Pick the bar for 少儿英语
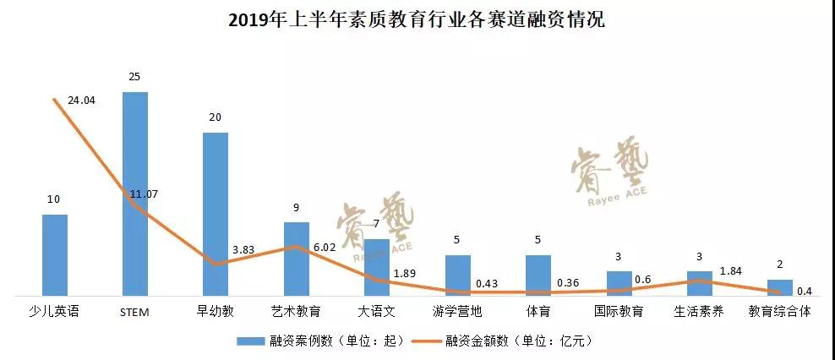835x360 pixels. (55, 254)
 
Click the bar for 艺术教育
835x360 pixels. (296, 258)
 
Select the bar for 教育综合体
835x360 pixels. (779, 287)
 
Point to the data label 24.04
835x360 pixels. (81, 101)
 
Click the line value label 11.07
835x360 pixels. (144, 194)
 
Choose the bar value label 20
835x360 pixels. (216, 117)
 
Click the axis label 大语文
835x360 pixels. (376, 311)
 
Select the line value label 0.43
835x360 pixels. (486, 283)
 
